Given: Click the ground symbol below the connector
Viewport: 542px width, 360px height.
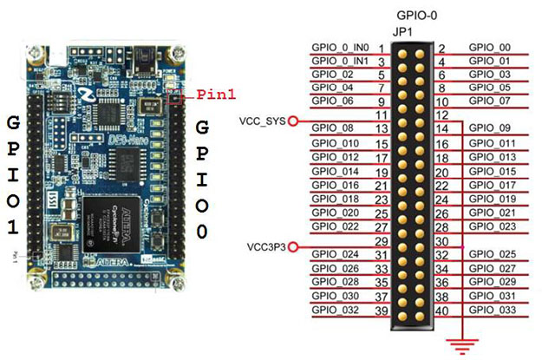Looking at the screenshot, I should point(461,344).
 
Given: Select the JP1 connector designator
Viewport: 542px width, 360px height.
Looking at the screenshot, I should point(405,33).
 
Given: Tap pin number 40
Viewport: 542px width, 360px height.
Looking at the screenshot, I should point(441,311).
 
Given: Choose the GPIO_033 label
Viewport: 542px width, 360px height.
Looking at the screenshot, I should point(488,311).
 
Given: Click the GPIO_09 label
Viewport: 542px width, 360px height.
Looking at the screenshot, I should point(486,128).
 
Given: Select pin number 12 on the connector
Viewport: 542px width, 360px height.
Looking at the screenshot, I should point(441,114).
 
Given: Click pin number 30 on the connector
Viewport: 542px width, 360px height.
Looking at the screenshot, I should point(441,240).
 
